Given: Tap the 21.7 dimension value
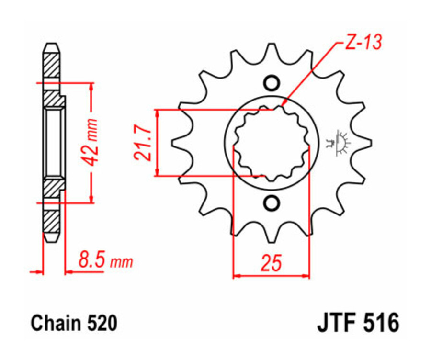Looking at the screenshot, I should [142, 142].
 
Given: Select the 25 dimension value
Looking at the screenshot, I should [271, 263].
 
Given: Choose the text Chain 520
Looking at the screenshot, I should [74, 323].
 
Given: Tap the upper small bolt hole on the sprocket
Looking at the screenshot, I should [271, 83].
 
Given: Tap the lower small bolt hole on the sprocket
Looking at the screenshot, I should [271, 203].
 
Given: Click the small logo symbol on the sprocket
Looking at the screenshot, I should [340, 143].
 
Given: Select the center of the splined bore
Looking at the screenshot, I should [271, 143].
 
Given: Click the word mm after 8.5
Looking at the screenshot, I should [122, 262].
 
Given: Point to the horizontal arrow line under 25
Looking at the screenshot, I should [271, 276].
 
